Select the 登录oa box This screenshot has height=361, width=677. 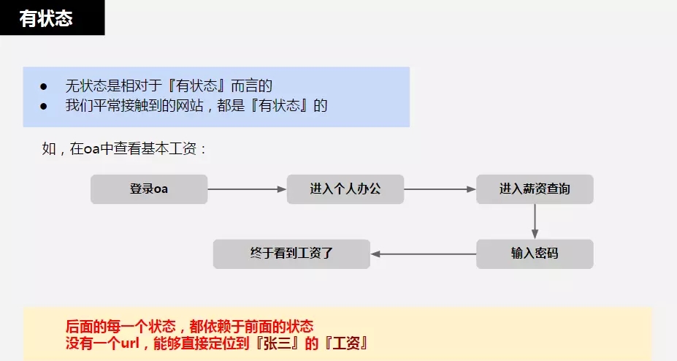click(149, 189)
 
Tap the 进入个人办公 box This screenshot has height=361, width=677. click(345, 189)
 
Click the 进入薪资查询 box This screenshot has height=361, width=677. click(535, 189)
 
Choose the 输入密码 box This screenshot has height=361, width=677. click(535, 254)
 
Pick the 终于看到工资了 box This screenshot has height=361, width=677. click(291, 254)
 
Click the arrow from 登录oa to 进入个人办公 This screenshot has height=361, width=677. click(247, 189)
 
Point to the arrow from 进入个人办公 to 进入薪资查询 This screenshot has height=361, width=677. click(440, 189)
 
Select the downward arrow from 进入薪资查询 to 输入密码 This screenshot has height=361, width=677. click(535, 221)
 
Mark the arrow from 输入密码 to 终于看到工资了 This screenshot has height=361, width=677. click(424, 254)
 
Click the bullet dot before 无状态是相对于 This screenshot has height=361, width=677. click(44, 86)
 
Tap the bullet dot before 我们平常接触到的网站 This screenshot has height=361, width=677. click(44, 105)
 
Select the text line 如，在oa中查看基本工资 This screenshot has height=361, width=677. click(125, 149)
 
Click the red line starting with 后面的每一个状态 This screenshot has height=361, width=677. click(190, 326)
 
